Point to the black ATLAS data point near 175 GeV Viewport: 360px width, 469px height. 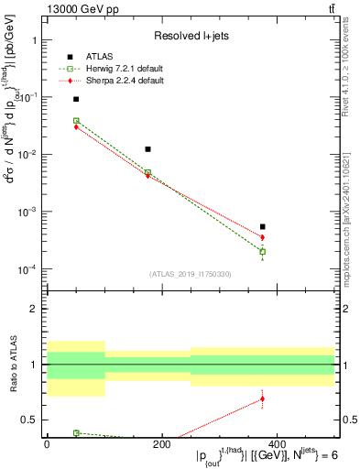tap(148, 148)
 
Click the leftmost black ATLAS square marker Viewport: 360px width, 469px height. tap(76, 99)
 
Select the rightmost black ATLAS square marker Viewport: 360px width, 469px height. tap(263, 226)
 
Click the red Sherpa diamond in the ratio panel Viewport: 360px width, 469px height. tap(263, 398)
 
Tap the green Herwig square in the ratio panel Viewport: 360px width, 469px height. tap(76, 432)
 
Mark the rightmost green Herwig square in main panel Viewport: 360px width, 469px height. tap(263, 252)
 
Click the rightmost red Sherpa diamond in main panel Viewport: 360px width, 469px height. tap(263, 237)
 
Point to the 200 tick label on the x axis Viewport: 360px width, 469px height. tap(160, 445)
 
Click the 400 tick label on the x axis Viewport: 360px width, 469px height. tap(275, 445)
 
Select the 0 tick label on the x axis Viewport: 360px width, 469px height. tap(47, 445)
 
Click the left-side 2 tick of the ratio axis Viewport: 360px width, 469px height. tap(36, 309)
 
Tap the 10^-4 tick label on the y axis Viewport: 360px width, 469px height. tap(27, 269)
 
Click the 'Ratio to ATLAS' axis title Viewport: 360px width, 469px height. tap(12, 364)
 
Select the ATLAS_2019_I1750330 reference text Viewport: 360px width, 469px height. tap(191, 274)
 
